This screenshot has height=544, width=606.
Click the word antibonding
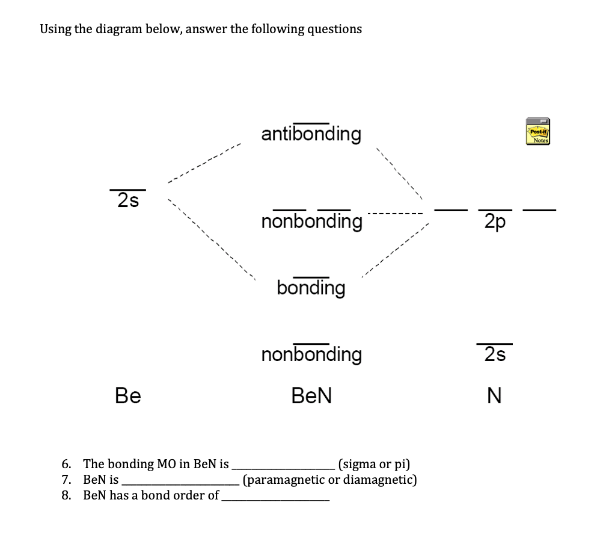311,134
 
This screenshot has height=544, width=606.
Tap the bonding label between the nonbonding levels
311,288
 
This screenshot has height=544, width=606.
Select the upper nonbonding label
311,221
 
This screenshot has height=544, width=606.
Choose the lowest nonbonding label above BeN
311,354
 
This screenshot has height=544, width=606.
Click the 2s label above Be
128,200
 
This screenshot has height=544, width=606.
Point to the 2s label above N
495,355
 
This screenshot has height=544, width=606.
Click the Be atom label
128,395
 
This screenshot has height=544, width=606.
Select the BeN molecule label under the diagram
311,395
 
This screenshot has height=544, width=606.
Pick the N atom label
494,395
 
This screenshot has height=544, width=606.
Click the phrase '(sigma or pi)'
374,464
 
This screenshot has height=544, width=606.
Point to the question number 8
66,495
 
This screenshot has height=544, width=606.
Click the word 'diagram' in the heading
120,29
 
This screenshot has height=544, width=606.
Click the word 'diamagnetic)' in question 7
381,480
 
